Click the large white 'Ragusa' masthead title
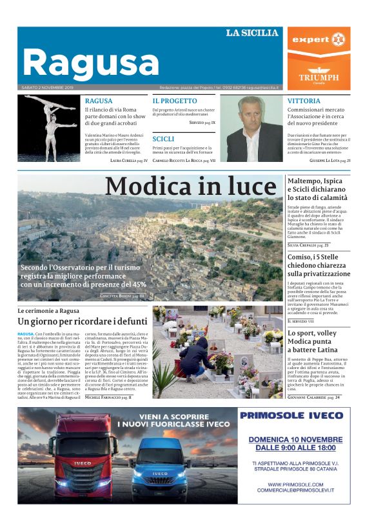click(x=90, y=63)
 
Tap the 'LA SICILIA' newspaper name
click(x=251, y=33)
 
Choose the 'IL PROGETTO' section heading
click(x=175, y=101)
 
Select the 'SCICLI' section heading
click(x=163, y=139)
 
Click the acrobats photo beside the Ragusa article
click(x=51, y=128)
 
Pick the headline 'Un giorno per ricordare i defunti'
click(x=83, y=321)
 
